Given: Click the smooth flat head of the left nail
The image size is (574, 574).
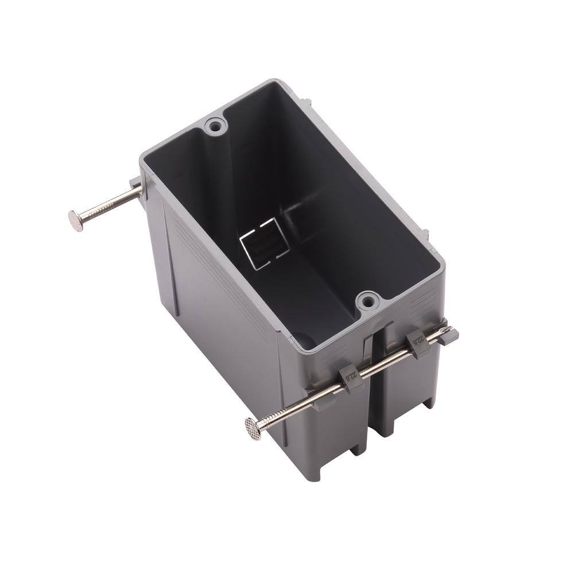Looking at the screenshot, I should [x=75, y=219].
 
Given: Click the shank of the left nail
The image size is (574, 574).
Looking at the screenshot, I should [x=109, y=204].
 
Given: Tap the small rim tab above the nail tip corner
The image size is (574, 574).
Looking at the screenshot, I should [x=425, y=235].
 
